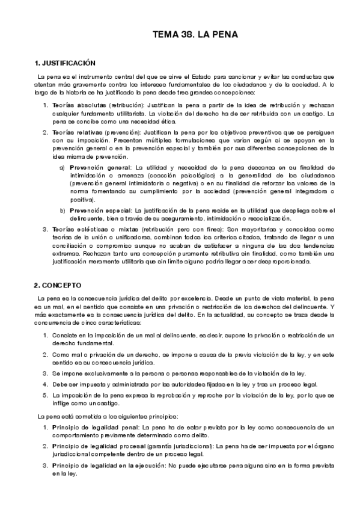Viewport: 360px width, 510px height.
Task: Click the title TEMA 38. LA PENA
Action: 196,35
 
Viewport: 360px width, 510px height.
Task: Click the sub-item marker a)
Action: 63,167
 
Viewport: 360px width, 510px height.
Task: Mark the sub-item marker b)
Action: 63,210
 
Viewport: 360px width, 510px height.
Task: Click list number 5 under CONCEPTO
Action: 45,395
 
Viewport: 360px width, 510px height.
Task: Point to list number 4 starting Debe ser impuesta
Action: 45,384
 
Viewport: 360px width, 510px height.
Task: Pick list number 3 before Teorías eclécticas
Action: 45,230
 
